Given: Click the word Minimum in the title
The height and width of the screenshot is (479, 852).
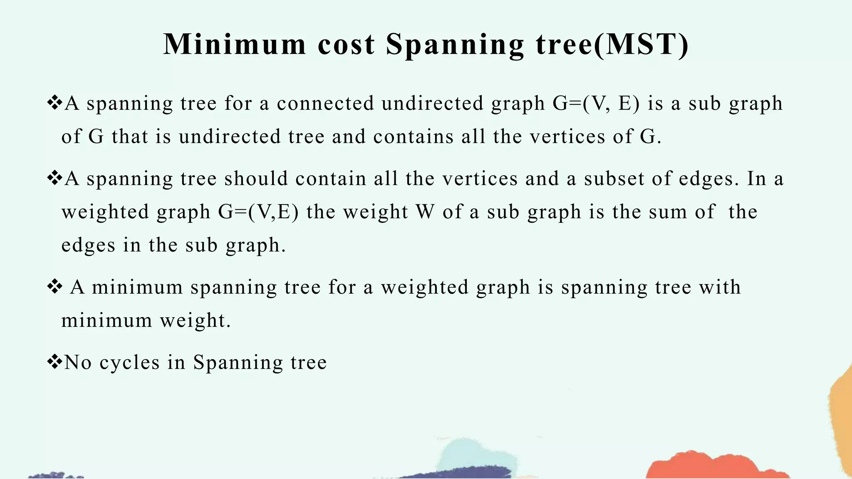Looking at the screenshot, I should (x=235, y=44).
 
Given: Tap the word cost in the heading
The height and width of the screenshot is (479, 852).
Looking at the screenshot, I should (x=346, y=44).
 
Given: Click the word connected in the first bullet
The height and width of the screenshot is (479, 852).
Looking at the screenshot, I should (x=325, y=104).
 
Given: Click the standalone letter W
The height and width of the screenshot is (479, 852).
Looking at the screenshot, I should (x=425, y=212).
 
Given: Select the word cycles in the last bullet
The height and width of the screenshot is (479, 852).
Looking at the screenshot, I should (x=130, y=363).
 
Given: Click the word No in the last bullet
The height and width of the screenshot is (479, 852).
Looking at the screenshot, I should (x=78, y=363).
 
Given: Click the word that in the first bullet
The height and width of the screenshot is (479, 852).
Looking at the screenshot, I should (x=130, y=137).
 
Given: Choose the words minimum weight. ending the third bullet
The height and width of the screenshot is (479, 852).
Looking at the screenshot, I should (x=146, y=321).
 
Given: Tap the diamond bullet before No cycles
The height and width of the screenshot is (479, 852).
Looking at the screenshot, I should (x=54, y=361).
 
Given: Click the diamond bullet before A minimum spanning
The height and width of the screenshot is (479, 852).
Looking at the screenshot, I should (x=54, y=286).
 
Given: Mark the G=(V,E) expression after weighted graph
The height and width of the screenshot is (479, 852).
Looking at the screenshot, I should (x=258, y=212).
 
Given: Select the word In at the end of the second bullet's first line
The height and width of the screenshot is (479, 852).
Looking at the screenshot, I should (x=757, y=179).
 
